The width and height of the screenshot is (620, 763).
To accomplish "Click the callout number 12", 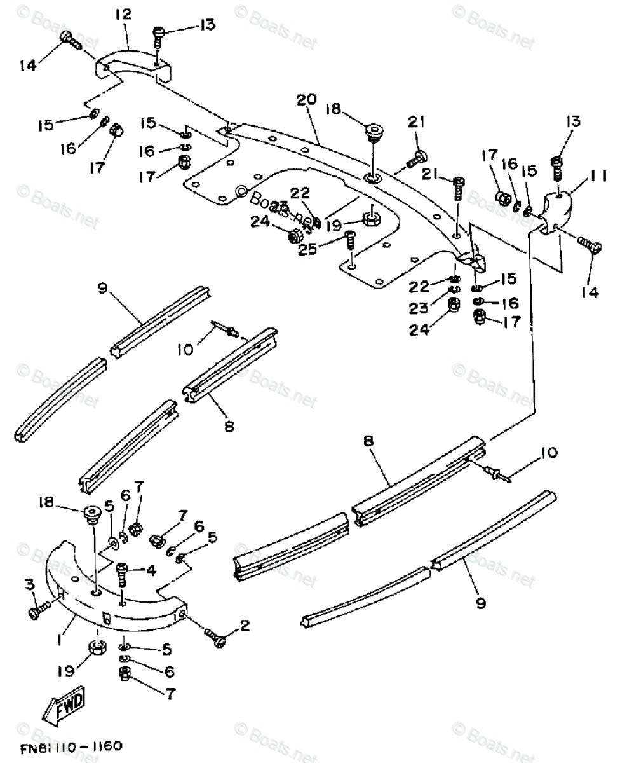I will [123, 14].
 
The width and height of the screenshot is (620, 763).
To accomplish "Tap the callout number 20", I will [306, 101].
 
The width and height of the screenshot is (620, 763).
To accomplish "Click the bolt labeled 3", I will [37, 611].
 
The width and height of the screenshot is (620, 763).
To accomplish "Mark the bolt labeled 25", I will [348, 242].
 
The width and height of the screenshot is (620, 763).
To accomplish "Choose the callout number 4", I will [151, 570].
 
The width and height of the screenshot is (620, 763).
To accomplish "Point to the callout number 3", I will [29, 583].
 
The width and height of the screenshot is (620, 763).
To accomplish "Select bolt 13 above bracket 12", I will [159, 36].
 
